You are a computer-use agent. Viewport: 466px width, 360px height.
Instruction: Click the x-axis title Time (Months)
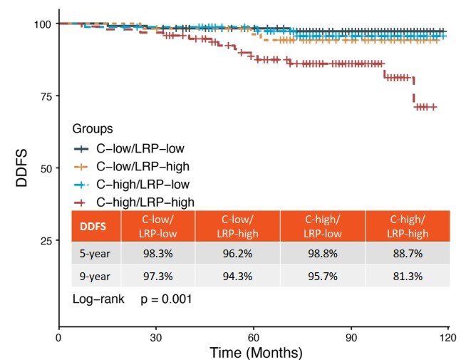(256, 352)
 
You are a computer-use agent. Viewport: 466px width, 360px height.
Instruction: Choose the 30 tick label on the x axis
(156, 337)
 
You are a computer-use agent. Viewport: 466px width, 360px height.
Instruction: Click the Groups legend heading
(93, 129)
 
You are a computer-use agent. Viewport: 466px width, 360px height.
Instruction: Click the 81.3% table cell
(408, 276)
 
